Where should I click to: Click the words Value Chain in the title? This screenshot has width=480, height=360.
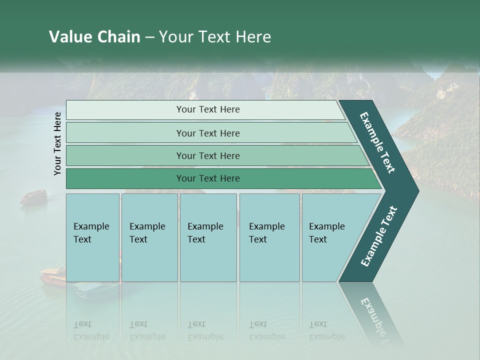click(x=94, y=37)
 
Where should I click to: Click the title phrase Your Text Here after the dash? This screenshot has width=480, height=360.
click(x=215, y=37)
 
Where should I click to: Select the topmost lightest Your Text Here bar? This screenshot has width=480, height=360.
click(x=207, y=109)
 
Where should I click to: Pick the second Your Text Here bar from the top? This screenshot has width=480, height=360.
click(x=207, y=133)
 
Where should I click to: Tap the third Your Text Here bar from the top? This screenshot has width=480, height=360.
click(x=207, y=155)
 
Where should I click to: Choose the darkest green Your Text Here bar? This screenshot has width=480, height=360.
click(x=207, y=178)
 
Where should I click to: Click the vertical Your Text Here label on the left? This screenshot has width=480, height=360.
click(x=57, y=143)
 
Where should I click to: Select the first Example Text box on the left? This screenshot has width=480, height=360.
click(x=92, y=237)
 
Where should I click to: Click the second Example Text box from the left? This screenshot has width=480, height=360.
click(x=149, y=237)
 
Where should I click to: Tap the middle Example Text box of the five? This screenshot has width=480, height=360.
click(x=207, y=237)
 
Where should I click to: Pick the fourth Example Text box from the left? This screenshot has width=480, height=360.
click(x=269, y=237)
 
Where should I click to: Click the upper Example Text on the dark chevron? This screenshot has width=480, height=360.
click(x=378, y=142)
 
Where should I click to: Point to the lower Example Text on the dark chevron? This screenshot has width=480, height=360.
click(x=379, y=236)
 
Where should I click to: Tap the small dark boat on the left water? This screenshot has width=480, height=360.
click(x=33, y=197)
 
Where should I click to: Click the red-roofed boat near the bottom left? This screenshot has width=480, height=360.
click(x=53, y=275)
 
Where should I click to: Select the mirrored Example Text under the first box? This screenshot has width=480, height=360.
click(x=91, y=330)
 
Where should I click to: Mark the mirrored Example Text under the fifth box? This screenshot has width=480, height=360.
click(x=326, y=330)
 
